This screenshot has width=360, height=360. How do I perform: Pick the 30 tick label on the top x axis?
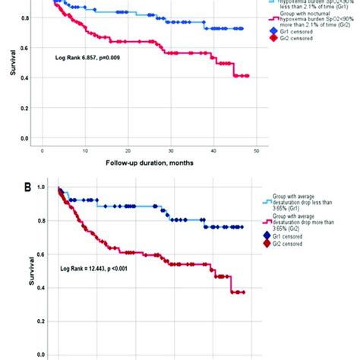pos(172,151)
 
